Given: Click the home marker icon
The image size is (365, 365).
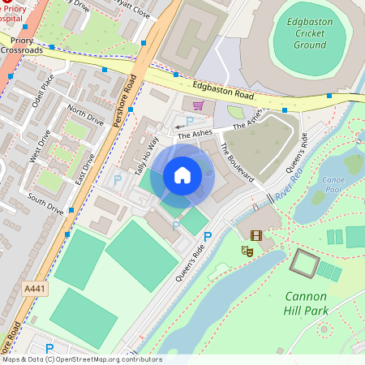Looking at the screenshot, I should tap(182, 175).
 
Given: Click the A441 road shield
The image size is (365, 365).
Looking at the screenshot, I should tap(35, 289).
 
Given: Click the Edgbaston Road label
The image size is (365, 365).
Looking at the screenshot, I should tap(224, 90).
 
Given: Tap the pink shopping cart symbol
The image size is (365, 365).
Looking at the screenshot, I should tap(198, 105).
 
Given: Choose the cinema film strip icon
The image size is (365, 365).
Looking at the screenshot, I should tap(257, 235).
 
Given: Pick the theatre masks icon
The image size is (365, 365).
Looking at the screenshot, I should tap(247, 252).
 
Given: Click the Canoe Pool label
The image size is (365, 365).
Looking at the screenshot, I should tap(333, 183).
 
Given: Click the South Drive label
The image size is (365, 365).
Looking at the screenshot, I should tap(45, 204).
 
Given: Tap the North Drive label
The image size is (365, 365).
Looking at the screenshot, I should tap(85, 116).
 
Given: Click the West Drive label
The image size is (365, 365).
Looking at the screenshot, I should tap(40, 146).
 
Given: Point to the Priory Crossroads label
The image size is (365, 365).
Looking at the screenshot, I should tap(22, 44).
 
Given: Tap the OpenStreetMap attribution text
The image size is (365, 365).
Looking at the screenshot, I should tap(82, 359).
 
